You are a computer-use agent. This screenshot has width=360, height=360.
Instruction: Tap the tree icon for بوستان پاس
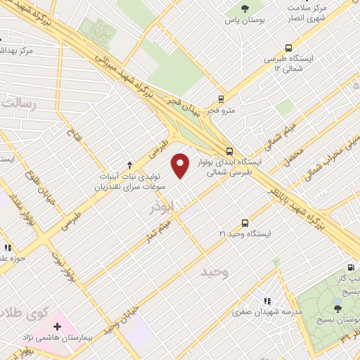click(245, 9)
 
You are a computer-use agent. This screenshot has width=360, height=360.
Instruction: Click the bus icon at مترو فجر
click(221, 99)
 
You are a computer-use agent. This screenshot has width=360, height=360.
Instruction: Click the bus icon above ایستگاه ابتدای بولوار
click(230, 150)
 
